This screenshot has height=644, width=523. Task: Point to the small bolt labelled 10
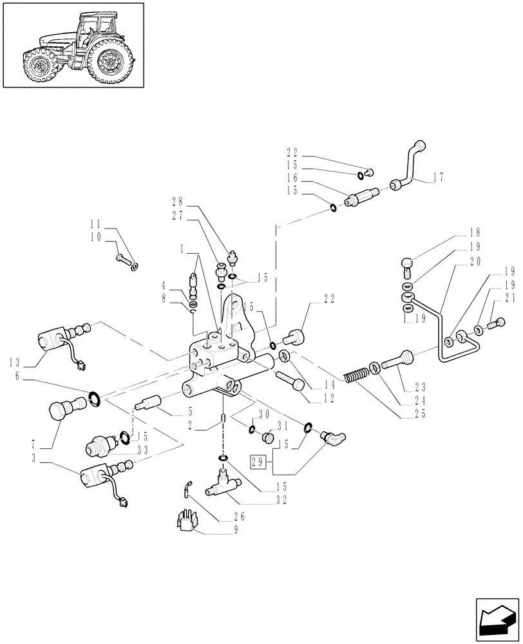(x=123, y=259)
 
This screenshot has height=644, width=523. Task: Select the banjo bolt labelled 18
(x=407, y=264)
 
